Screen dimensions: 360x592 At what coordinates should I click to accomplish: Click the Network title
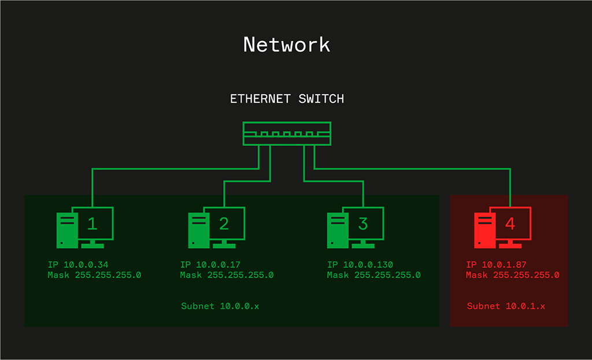tap(287, 45)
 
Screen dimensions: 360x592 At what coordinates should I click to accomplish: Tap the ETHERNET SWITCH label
tap(287, 99)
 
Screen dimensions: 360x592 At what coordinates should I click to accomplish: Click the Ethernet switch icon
tap(287, 133)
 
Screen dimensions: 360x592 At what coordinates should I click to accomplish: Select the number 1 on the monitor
tap(92, 223)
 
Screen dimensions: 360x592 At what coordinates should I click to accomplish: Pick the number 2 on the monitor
tap(224, 223)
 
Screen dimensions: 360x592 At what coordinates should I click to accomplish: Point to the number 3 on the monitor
tap(362, 223)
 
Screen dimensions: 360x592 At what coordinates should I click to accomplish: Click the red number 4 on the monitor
tap(510, 223)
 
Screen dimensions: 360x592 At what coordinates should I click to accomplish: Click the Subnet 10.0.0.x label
tap(220, 306)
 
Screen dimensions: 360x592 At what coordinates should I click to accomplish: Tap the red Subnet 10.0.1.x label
tap(506, 306)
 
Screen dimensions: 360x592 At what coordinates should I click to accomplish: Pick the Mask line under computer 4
tap(513, 275)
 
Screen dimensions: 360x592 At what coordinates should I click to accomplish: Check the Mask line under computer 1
tap(94, 275)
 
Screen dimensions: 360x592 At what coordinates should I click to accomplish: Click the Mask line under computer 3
tap(373, 275)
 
